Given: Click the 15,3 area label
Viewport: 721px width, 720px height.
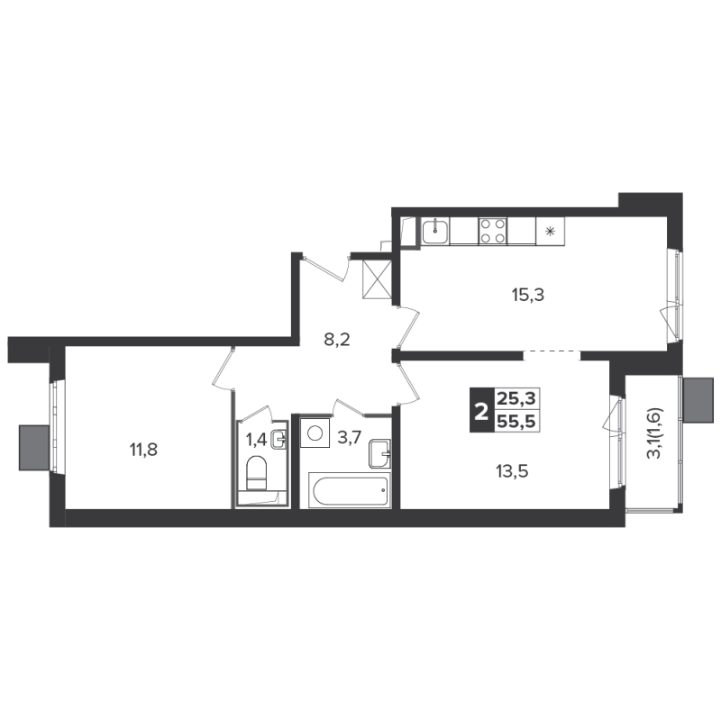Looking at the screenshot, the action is click(528, 295).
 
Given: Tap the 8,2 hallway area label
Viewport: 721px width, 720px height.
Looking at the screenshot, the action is click(337, 340).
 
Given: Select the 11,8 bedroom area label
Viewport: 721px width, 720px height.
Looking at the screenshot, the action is click(143, 450).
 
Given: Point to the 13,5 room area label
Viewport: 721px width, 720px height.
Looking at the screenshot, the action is click(512, 471).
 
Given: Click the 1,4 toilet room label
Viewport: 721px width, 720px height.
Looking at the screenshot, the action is click(256, 440).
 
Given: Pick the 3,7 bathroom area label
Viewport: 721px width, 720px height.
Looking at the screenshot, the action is click(349, 438).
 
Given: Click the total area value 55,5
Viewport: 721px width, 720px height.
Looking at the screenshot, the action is click(516, 421).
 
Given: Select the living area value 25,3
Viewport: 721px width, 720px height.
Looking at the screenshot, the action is click(516, 398).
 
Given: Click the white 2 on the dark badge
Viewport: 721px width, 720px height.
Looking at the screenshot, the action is click(481, 410).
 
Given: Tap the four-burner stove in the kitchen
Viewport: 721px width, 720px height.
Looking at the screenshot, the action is click(493, 231).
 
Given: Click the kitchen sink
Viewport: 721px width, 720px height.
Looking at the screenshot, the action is click(435, 231).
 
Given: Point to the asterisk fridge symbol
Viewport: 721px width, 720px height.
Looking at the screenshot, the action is click(550, 231).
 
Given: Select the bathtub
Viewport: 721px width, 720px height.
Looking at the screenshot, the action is click(351, 490).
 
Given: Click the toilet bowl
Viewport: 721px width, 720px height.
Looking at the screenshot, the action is click(256, 473).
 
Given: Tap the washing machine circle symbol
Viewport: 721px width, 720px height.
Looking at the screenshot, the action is click(315, 433).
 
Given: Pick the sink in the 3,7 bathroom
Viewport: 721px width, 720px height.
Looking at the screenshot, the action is click(379, 454).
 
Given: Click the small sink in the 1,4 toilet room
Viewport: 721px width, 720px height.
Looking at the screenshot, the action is click(278, 440).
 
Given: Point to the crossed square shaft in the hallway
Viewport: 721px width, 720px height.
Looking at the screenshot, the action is click(377, 279).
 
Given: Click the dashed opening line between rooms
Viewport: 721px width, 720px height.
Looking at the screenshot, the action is click(552, 351).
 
